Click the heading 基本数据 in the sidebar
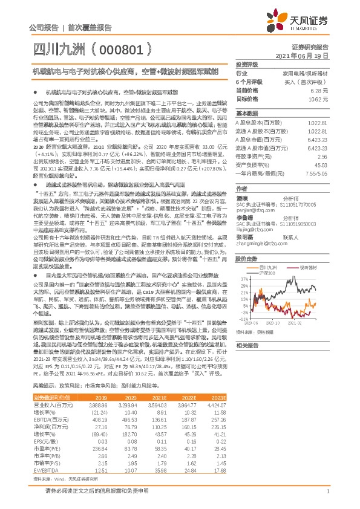pyautogui.click(x=246, y=113)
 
